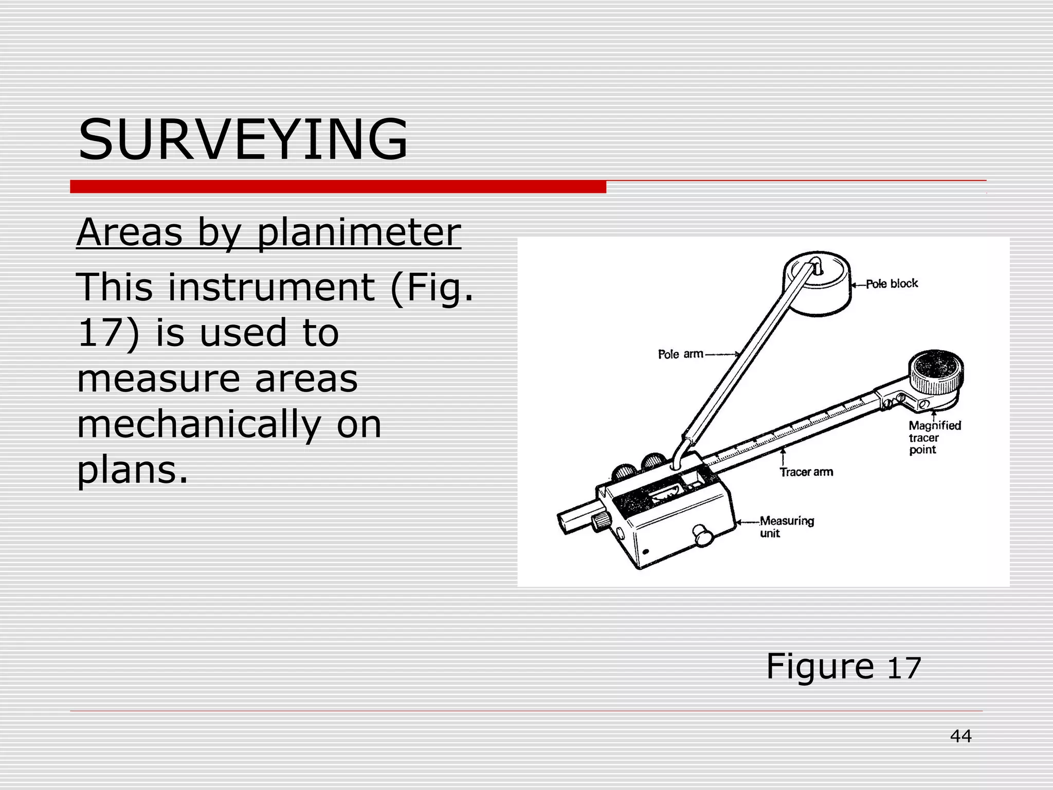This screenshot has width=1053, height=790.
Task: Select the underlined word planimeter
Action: click(358, 232)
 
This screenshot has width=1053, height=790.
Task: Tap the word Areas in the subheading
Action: click(129, 232)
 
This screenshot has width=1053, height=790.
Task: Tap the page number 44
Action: click(960, 736)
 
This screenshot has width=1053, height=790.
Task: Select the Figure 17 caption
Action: click(843, 667)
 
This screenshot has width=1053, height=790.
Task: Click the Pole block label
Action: click(892, 284)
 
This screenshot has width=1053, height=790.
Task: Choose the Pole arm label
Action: click(680, 354)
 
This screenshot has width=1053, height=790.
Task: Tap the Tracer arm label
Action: click(806, 472)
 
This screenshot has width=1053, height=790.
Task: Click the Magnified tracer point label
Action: click(934, 438)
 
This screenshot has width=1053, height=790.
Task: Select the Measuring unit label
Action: click(786, 527)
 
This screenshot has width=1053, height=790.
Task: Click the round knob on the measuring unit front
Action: click(702, 535)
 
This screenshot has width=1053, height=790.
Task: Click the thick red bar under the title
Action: click(338, 187)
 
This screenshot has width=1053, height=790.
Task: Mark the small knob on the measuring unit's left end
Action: click(600, 522)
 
